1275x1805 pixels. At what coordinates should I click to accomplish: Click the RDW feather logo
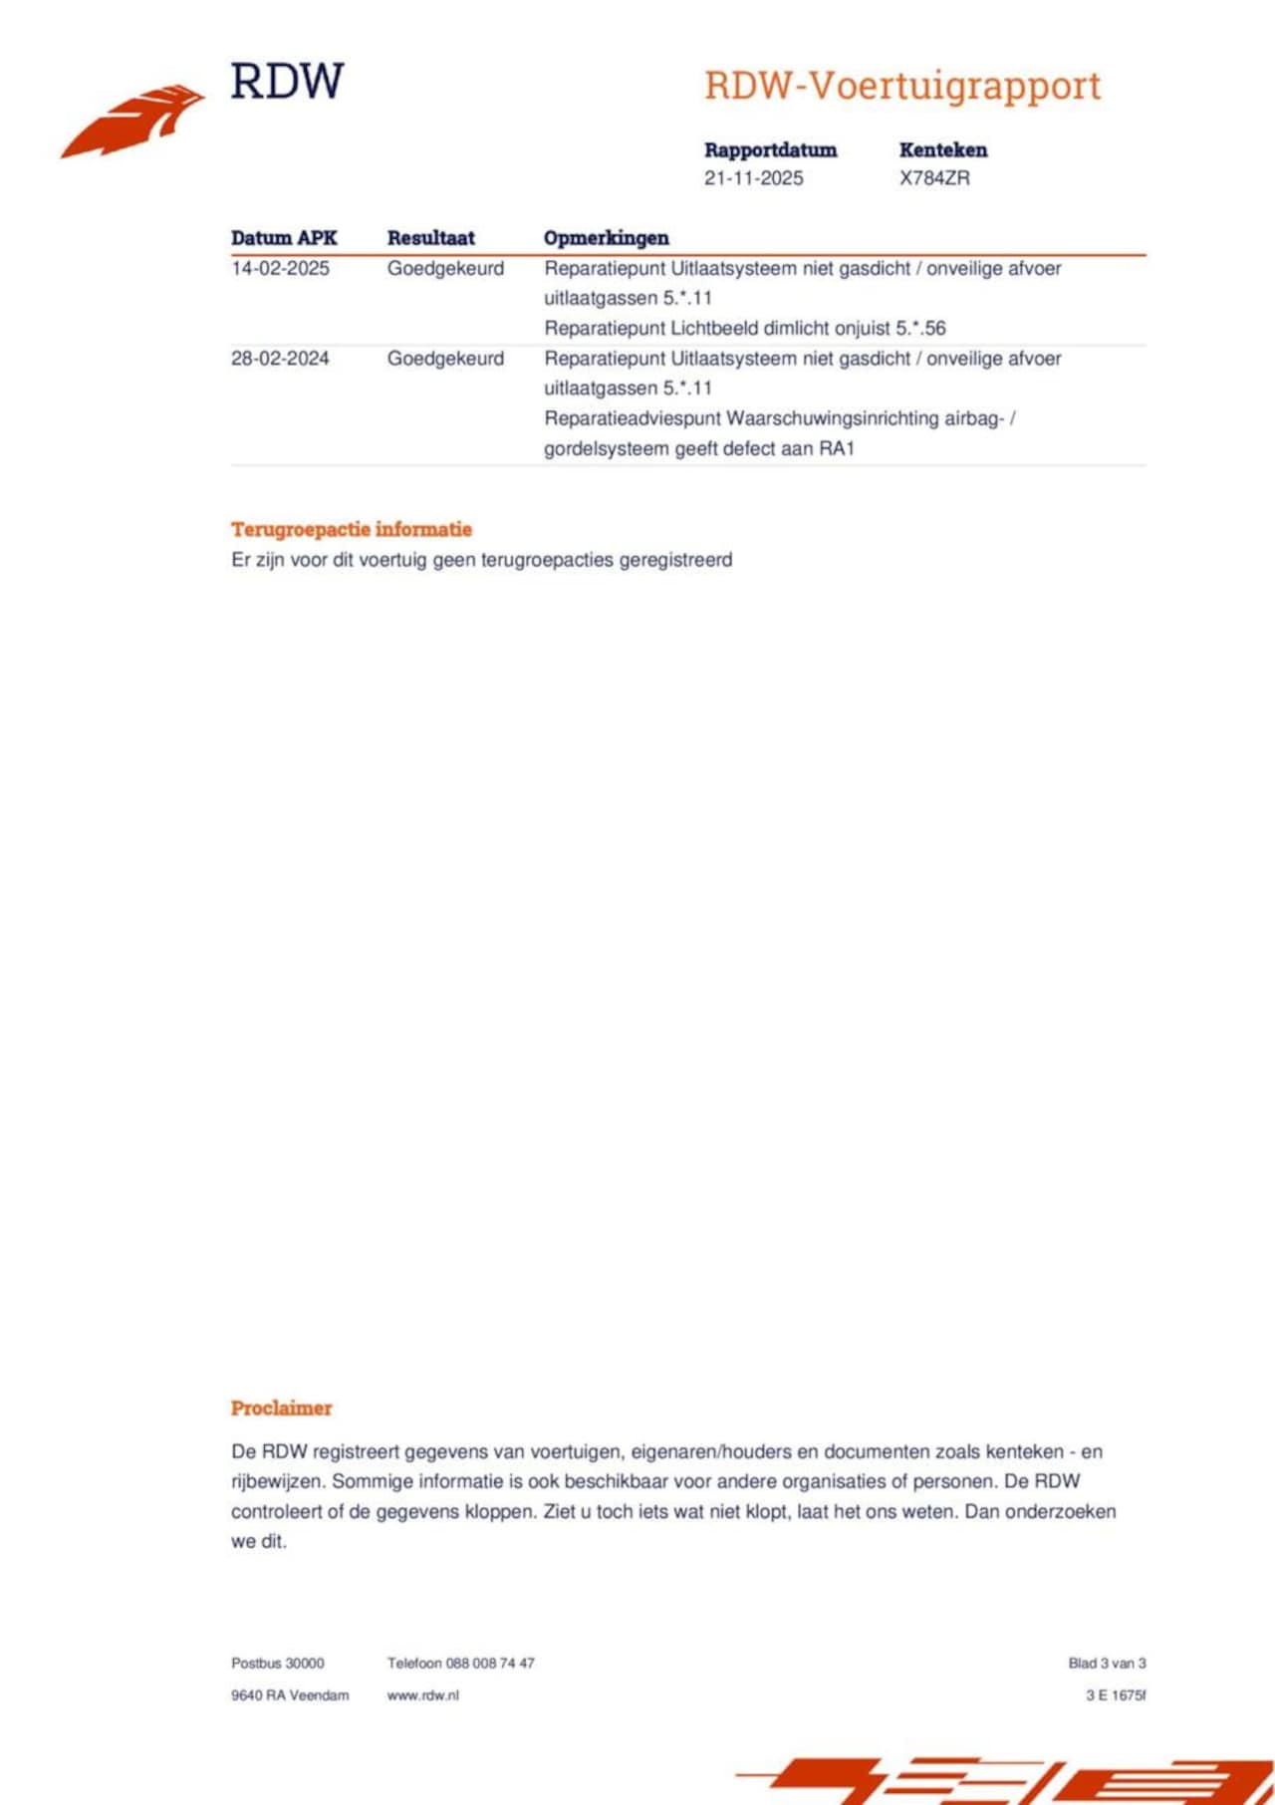coord(133,121)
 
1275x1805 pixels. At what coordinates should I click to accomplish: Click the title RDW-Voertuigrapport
coord(901,86)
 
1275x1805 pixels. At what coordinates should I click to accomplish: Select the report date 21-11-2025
coord(753,178)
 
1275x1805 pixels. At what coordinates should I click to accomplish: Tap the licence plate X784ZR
coord(933,178)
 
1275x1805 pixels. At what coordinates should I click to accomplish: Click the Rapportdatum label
coord(770,150)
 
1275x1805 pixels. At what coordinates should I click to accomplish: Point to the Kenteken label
coord(942,150)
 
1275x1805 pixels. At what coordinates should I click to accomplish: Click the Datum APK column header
coord(284,238)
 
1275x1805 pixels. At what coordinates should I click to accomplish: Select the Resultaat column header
coord(430,238)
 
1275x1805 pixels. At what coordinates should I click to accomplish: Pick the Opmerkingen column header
coord(606,238)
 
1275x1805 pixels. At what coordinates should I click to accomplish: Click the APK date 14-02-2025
coord(280,268)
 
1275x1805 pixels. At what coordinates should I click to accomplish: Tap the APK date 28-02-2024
coord(280,359)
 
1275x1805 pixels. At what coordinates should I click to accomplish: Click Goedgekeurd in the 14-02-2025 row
coord(445,268)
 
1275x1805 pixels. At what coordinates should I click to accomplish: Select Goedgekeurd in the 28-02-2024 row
coord(445,359)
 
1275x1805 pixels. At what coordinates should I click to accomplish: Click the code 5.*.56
coord(920,328)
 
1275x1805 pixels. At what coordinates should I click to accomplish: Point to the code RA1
coord(837,448)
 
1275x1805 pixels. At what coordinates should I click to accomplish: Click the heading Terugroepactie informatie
coord(352,529)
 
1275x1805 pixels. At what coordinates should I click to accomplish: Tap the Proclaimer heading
coord(281,1408)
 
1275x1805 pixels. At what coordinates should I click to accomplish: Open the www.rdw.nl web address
coord(422,1694)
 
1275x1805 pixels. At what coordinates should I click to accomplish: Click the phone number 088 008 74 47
coord(490,1663)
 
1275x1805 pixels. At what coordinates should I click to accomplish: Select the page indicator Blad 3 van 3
coord(1107,1663)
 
